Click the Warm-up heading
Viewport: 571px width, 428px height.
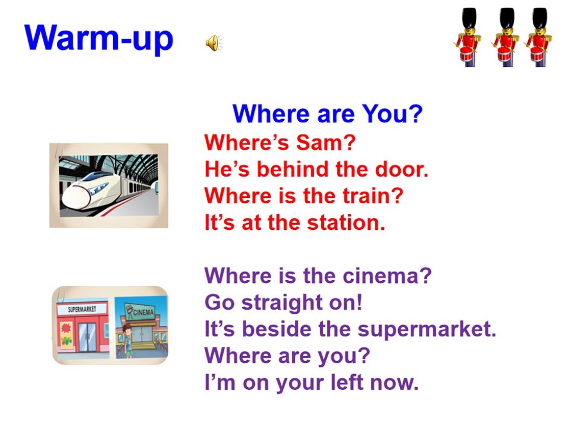coord(98,39)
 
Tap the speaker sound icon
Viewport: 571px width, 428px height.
coord(214,43)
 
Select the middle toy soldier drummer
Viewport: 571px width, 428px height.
coord(505,38)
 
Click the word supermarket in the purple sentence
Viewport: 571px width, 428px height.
coord(427,329)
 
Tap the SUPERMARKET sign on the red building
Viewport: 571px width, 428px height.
coord(82,309)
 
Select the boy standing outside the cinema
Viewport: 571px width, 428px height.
coord(127,341)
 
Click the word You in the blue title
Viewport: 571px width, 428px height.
coord(392,114)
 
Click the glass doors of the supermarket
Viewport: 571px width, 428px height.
coord(87,337)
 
